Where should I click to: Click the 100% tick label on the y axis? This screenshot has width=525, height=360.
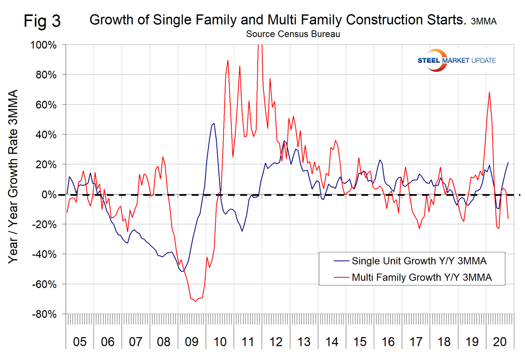pos(43,45)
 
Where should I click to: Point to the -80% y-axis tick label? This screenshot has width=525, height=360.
pos(44,314)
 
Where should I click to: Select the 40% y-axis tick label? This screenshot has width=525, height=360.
pos(46,135)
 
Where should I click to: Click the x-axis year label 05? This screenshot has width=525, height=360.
pos(79,342)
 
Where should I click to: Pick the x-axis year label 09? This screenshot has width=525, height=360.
pos(192,342)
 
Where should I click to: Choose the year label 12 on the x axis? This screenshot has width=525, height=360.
pos(276,342)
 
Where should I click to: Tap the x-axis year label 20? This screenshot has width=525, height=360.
pos(499,342)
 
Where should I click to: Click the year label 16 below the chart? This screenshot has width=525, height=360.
pos(388,342)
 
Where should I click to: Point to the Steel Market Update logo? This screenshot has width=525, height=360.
pos(456,60)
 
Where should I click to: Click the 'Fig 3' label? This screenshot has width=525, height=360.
pos(42,21)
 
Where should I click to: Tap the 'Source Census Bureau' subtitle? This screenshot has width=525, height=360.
pos(293,34)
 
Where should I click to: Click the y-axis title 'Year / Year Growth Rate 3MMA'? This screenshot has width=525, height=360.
pos(13,176)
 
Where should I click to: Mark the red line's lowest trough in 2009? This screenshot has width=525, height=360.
pos(195,301)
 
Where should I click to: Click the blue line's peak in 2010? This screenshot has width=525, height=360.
pos(214,124)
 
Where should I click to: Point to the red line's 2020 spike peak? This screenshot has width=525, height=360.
pos(490,92)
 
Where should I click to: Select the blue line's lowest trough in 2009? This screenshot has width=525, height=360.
pos(182,272)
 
